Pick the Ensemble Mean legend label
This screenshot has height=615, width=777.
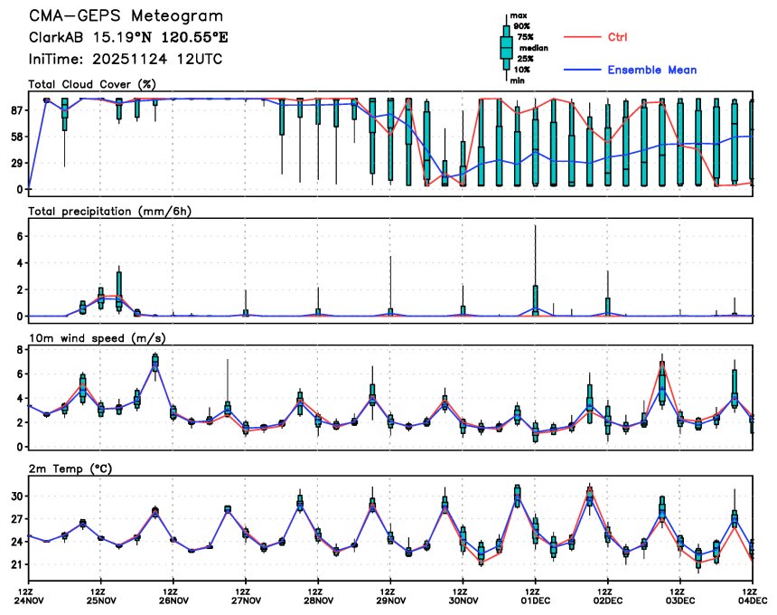coord(651,70)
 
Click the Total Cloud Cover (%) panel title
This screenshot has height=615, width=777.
coord(93,84)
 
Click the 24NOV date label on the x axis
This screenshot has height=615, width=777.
coord(28,600)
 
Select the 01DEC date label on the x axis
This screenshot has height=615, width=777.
coord(535,600)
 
